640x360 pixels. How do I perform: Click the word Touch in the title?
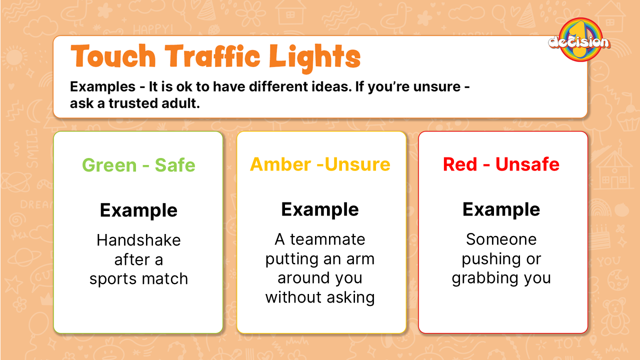coord(113,56)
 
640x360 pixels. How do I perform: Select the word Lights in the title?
coord(315,58)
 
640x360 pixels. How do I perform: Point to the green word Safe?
coord(175,165)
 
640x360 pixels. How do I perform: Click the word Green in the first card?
coord(109,165)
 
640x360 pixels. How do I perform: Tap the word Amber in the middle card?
coord(280,164)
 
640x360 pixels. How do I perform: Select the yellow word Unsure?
coord(357,164)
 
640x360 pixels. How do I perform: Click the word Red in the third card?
coord(460,164)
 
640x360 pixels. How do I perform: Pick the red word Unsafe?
coord(527,164)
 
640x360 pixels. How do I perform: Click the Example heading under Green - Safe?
coord(138,211)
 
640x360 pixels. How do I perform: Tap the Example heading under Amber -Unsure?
coord(320,210)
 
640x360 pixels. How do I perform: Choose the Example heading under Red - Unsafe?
coord(501,210)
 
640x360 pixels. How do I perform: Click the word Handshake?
coord(138,240)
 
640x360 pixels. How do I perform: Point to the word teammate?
coord(327,239)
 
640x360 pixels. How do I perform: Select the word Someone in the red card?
coord(501,239)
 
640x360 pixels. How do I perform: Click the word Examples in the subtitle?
coord(102,87)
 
